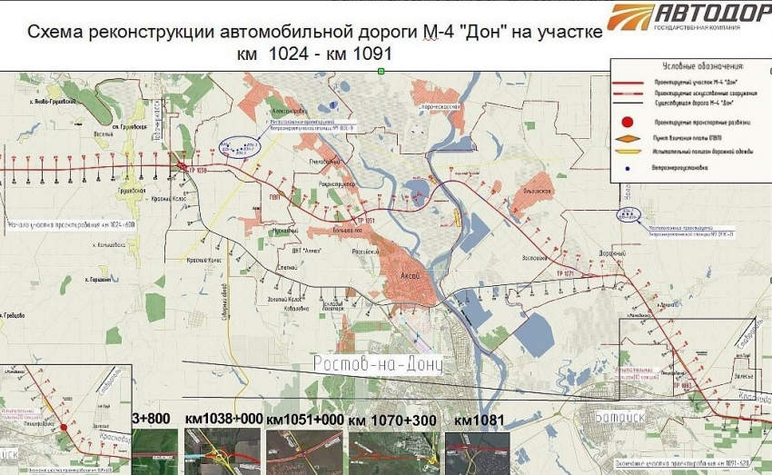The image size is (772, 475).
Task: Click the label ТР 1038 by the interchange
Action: (x=199, y=170)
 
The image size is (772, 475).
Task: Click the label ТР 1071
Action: (x=563, y=272)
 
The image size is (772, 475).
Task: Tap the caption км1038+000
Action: (x=223, y=421)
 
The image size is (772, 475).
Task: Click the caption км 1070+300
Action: (x=391, y=421)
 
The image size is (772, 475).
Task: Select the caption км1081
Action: (x=477, y=421)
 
